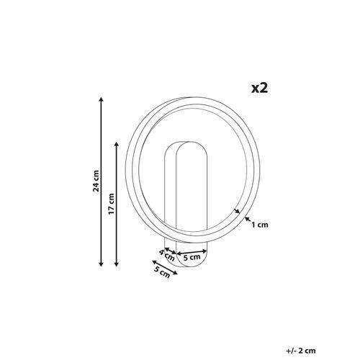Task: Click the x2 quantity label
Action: (259, 89)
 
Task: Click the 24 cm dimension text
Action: (96, 181)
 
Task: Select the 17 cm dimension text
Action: (111, 204)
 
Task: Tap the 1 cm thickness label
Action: (260, 225)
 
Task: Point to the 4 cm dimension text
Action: (166, 256)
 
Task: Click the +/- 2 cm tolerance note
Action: (301, 351)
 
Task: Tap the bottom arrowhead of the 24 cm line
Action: (101, 264)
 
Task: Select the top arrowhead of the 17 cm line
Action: (117, 144)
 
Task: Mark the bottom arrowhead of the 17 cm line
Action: (117, 264)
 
